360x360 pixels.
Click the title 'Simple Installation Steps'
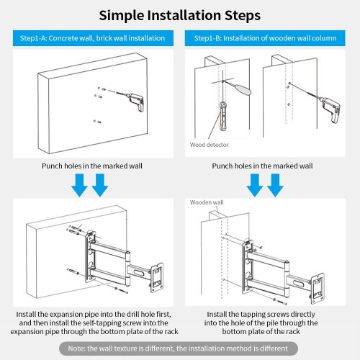[180, 15]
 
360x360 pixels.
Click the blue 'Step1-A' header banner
[93, 38]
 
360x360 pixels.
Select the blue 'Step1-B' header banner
[265, 38]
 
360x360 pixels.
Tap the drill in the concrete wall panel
[135, 102]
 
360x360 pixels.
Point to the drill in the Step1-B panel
[329, 109]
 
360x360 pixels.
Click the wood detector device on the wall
[223, 116]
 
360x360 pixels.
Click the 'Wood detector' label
[209, 145]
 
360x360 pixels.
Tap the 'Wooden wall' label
[207, 202]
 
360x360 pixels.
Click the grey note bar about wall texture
[179, 348]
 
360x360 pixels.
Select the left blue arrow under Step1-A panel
[80, 185]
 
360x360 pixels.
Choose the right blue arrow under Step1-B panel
[275, 185]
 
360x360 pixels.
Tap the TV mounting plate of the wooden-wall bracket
[318, 288]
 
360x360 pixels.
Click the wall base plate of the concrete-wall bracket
[91, 256]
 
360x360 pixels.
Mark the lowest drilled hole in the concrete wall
[97, 122]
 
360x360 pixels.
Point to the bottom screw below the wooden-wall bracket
[280, 302]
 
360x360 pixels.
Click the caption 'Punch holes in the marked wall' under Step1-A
[92, 166]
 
